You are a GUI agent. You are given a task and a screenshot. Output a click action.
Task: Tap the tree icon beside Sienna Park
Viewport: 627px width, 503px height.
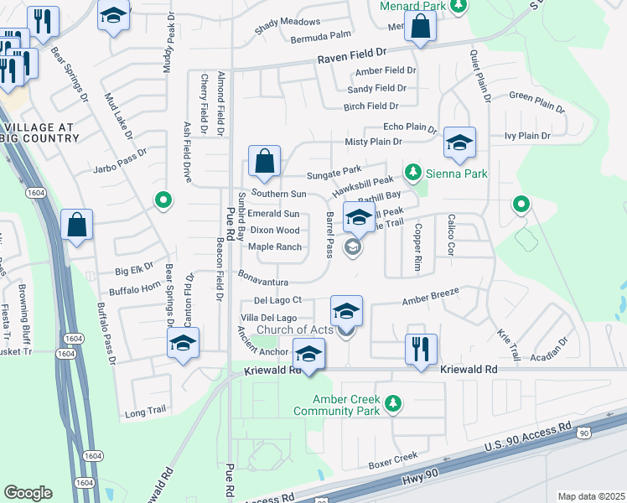(412, 174)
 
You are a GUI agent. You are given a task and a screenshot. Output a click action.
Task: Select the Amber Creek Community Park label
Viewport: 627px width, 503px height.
(346, 406)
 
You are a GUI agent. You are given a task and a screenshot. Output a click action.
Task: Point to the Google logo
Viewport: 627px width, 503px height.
(28, 493)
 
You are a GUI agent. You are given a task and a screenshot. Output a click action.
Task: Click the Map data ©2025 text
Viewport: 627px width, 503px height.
(591, 496)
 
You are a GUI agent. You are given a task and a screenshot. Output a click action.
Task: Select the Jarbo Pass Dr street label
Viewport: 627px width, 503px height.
(120, 154)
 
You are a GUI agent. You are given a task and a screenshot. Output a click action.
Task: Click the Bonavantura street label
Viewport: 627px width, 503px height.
(262, 283)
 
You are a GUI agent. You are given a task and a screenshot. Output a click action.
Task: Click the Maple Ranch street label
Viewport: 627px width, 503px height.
(274, 246)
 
